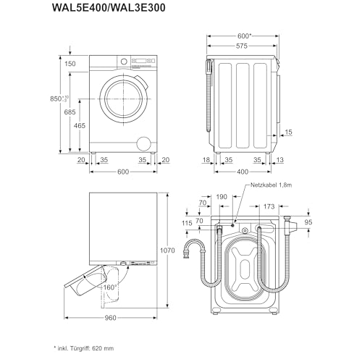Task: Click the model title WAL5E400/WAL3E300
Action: (109, 8)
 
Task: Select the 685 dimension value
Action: (70, 112)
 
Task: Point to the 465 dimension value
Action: (80, 125)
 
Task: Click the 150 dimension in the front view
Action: (70, 64)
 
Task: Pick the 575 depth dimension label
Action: (242, 46)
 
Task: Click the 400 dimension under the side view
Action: (243, 172)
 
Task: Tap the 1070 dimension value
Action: (167, 251)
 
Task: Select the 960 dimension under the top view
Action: (111, 318)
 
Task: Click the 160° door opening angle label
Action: (110, 287)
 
